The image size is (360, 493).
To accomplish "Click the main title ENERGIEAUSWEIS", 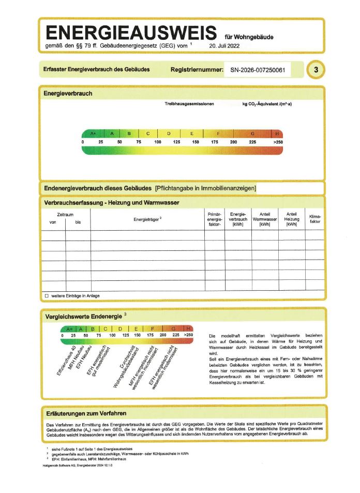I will [131, 34].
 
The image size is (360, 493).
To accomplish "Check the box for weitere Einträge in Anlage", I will [47, 295].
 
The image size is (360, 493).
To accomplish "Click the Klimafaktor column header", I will [314, 219].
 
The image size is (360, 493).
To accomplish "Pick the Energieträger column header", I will [147, 219].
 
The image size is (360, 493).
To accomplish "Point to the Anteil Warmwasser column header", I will [264, 219].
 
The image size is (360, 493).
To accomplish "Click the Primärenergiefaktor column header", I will [214, 219].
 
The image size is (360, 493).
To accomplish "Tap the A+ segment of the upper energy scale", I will [93, 133].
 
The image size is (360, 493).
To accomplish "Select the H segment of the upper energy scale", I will [277, 133].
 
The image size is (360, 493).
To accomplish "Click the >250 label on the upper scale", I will [278, 142].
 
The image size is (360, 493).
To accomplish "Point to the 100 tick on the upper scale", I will [158, 142].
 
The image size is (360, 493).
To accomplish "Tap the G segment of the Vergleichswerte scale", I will [173, 328].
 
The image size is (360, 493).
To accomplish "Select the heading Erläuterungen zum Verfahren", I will [86, 413].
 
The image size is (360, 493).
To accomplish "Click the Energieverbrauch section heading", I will [68, 94].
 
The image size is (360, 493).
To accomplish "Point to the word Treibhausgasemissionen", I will [189, 104].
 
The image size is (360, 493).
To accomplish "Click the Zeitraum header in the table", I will [65, 214].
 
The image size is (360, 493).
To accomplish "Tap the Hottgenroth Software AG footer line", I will [77, 466].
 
